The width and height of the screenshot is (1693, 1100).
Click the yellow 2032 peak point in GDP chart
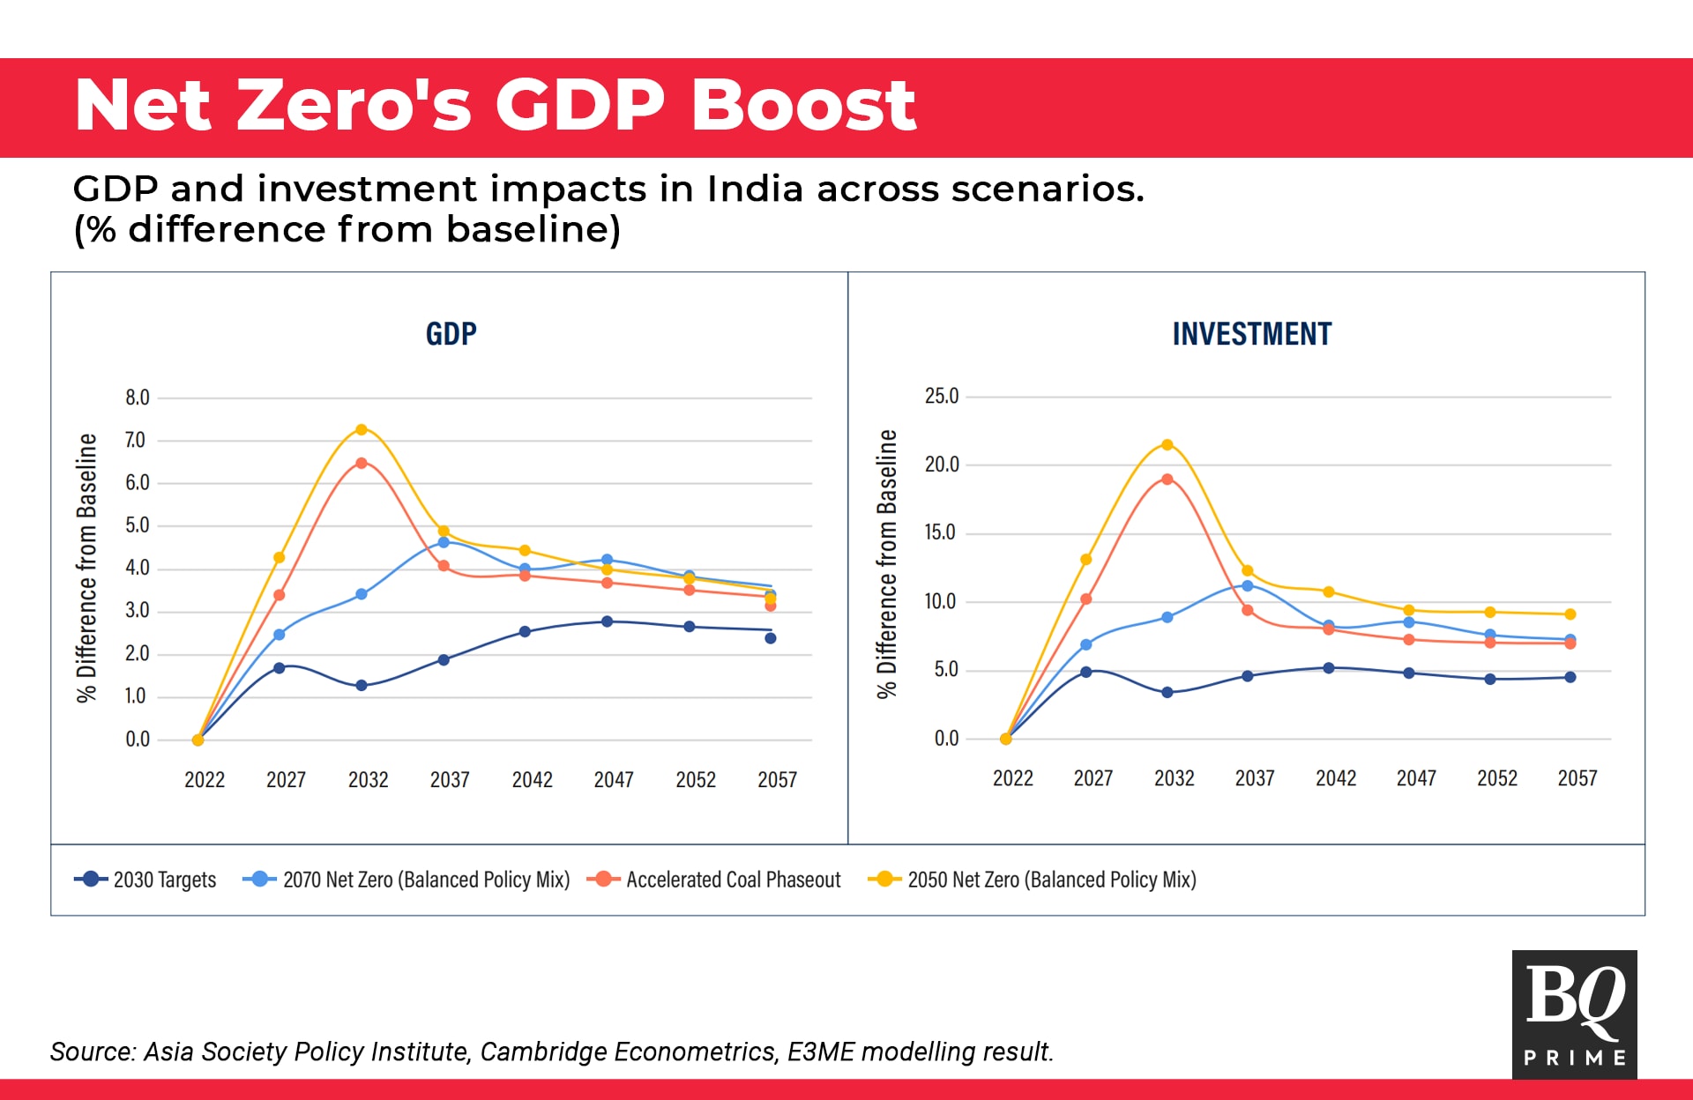click(x=361, y=430)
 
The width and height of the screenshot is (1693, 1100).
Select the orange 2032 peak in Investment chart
click(x=1167, y=479)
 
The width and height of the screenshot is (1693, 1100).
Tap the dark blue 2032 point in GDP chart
click(x=361, y=685)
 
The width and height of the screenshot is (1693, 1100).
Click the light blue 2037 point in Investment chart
click(x=1247, y=586)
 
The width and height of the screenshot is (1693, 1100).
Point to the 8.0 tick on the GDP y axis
click(x=138, y=398)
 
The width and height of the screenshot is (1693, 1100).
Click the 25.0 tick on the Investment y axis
click(x=941, y=397)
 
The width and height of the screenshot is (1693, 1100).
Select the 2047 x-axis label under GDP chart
click(x=614, y=780)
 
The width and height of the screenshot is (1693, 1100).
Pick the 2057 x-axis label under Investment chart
click(x=1577, y=778)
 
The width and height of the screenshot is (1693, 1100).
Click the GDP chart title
click(x=451, y=334)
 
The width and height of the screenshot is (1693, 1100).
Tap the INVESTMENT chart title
click(x=1251, y=334)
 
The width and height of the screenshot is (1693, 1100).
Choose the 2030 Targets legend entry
click(x=145, y=880)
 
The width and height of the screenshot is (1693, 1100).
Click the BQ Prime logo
click(x=1574, y=1014)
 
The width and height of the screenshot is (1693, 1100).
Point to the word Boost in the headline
click(x=803, y=106)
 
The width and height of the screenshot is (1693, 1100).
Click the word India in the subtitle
click(x=755, y=189)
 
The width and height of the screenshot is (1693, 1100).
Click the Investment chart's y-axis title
click(x=887, y=564)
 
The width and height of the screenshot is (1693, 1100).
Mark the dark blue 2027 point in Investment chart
click(x=1085, y=672)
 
